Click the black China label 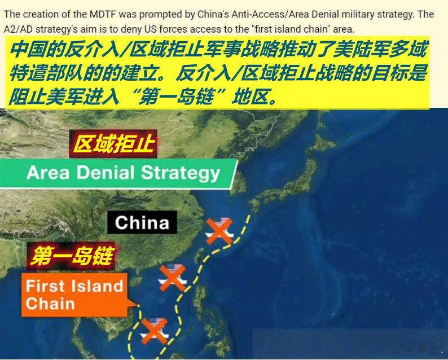142,222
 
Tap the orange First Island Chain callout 74,295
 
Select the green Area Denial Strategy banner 118,173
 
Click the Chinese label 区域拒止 113,143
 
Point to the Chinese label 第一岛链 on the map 71,256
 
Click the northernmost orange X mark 219,231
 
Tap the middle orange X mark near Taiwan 173,278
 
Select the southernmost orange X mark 154,331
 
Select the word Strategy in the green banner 181,173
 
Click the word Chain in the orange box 50,304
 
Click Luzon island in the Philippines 201,297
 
